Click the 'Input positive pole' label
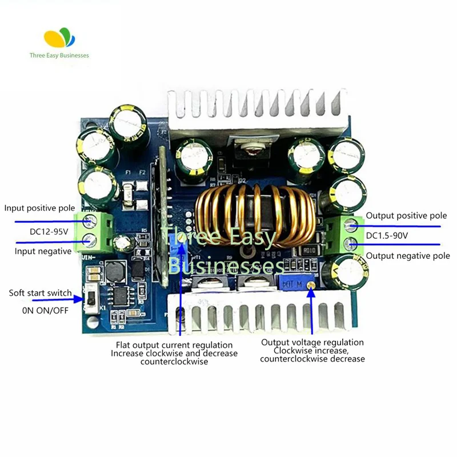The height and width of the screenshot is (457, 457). (39, 208)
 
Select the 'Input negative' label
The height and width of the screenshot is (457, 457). (43, 251)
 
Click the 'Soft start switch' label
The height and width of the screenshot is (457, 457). (40, 293)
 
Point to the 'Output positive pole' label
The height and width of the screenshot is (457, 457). (406, 216)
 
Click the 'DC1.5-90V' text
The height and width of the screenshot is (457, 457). (387, 236)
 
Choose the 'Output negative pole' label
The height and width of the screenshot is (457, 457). (407, 255)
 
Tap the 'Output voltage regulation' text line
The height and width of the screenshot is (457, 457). (312, 342)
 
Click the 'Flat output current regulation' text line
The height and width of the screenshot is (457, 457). (174, 345)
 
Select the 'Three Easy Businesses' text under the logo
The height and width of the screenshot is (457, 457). (59, 55)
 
